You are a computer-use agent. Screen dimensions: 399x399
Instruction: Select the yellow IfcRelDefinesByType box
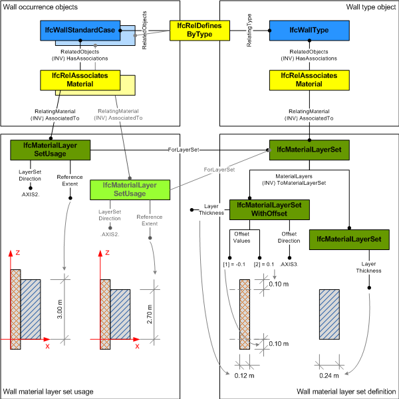(199, 29)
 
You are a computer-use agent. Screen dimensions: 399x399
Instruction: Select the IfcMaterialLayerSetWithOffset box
(269, 210)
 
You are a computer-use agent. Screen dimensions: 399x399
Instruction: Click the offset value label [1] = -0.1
(233, 265)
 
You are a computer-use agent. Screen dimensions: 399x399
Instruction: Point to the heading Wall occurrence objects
(40, 7)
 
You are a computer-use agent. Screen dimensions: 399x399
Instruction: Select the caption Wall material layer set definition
(346, 392)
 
